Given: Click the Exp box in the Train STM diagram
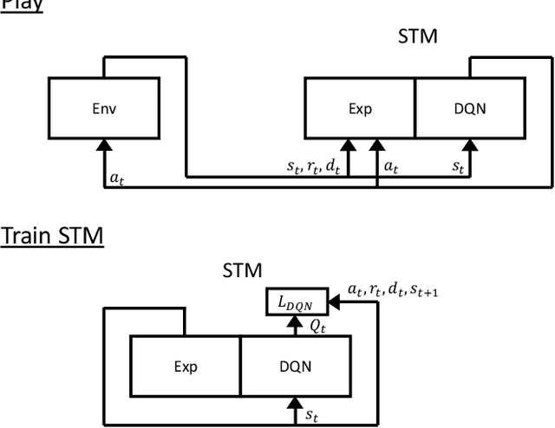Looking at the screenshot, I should pos(185,366).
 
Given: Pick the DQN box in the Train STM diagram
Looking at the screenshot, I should pos(295,366).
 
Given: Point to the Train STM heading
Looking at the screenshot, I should pos(52,235).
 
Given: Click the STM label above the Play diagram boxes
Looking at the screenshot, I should pos(417,36).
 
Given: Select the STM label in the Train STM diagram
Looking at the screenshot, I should pos(243,269).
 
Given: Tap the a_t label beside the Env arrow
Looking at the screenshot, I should pos(116,177).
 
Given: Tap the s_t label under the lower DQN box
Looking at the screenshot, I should pos(312,415).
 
